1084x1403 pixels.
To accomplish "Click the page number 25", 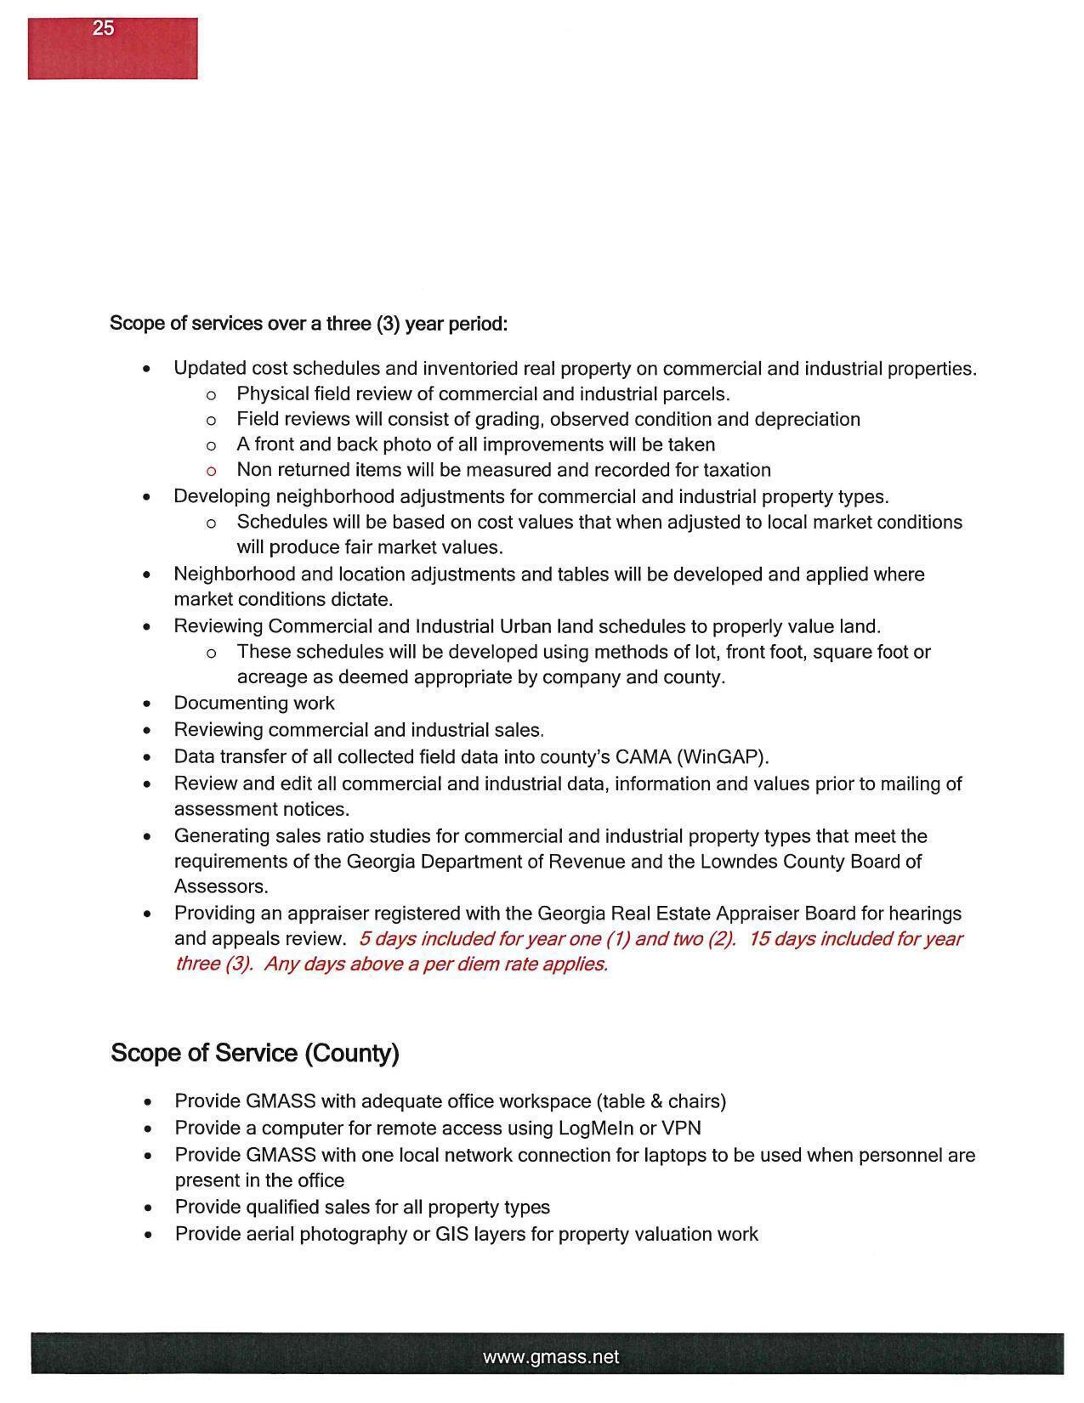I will [x=103, y=28].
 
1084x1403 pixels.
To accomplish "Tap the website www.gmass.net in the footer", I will [x=551, y=1357].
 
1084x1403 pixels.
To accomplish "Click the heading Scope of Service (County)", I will [x=254, y=1053].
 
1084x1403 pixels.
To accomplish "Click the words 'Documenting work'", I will [x=253, y=703].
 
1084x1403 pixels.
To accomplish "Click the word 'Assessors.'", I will [x=221, y=886].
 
